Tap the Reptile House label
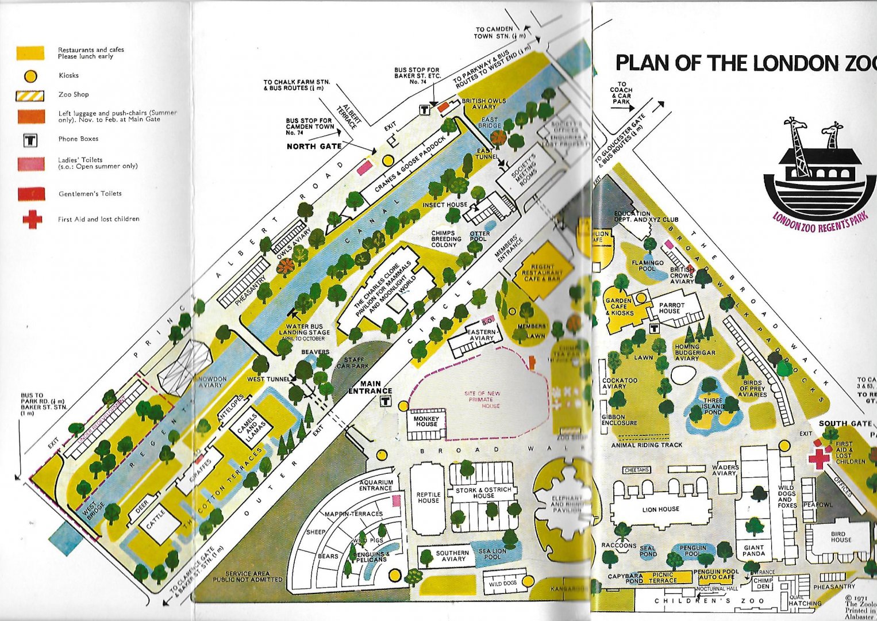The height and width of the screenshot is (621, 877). (428, 497)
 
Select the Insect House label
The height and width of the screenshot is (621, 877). (445, 205)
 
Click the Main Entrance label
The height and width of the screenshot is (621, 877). (371, 388)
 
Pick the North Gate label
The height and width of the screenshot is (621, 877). (314, 147)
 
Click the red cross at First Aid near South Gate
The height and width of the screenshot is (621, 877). (819, 458)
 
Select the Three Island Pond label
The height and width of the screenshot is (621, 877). (713, 406)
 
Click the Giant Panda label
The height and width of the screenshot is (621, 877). (753, 551)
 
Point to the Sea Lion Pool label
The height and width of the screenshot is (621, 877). (493, 554)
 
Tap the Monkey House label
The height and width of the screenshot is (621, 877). (426, 421)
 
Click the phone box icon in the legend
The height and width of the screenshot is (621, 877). (30, 140)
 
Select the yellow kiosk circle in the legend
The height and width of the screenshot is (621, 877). (30, 76)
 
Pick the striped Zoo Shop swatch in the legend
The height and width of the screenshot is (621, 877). (30, 95)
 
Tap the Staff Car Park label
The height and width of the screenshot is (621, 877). (354, 363)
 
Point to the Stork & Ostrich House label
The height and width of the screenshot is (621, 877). (483, 493)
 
